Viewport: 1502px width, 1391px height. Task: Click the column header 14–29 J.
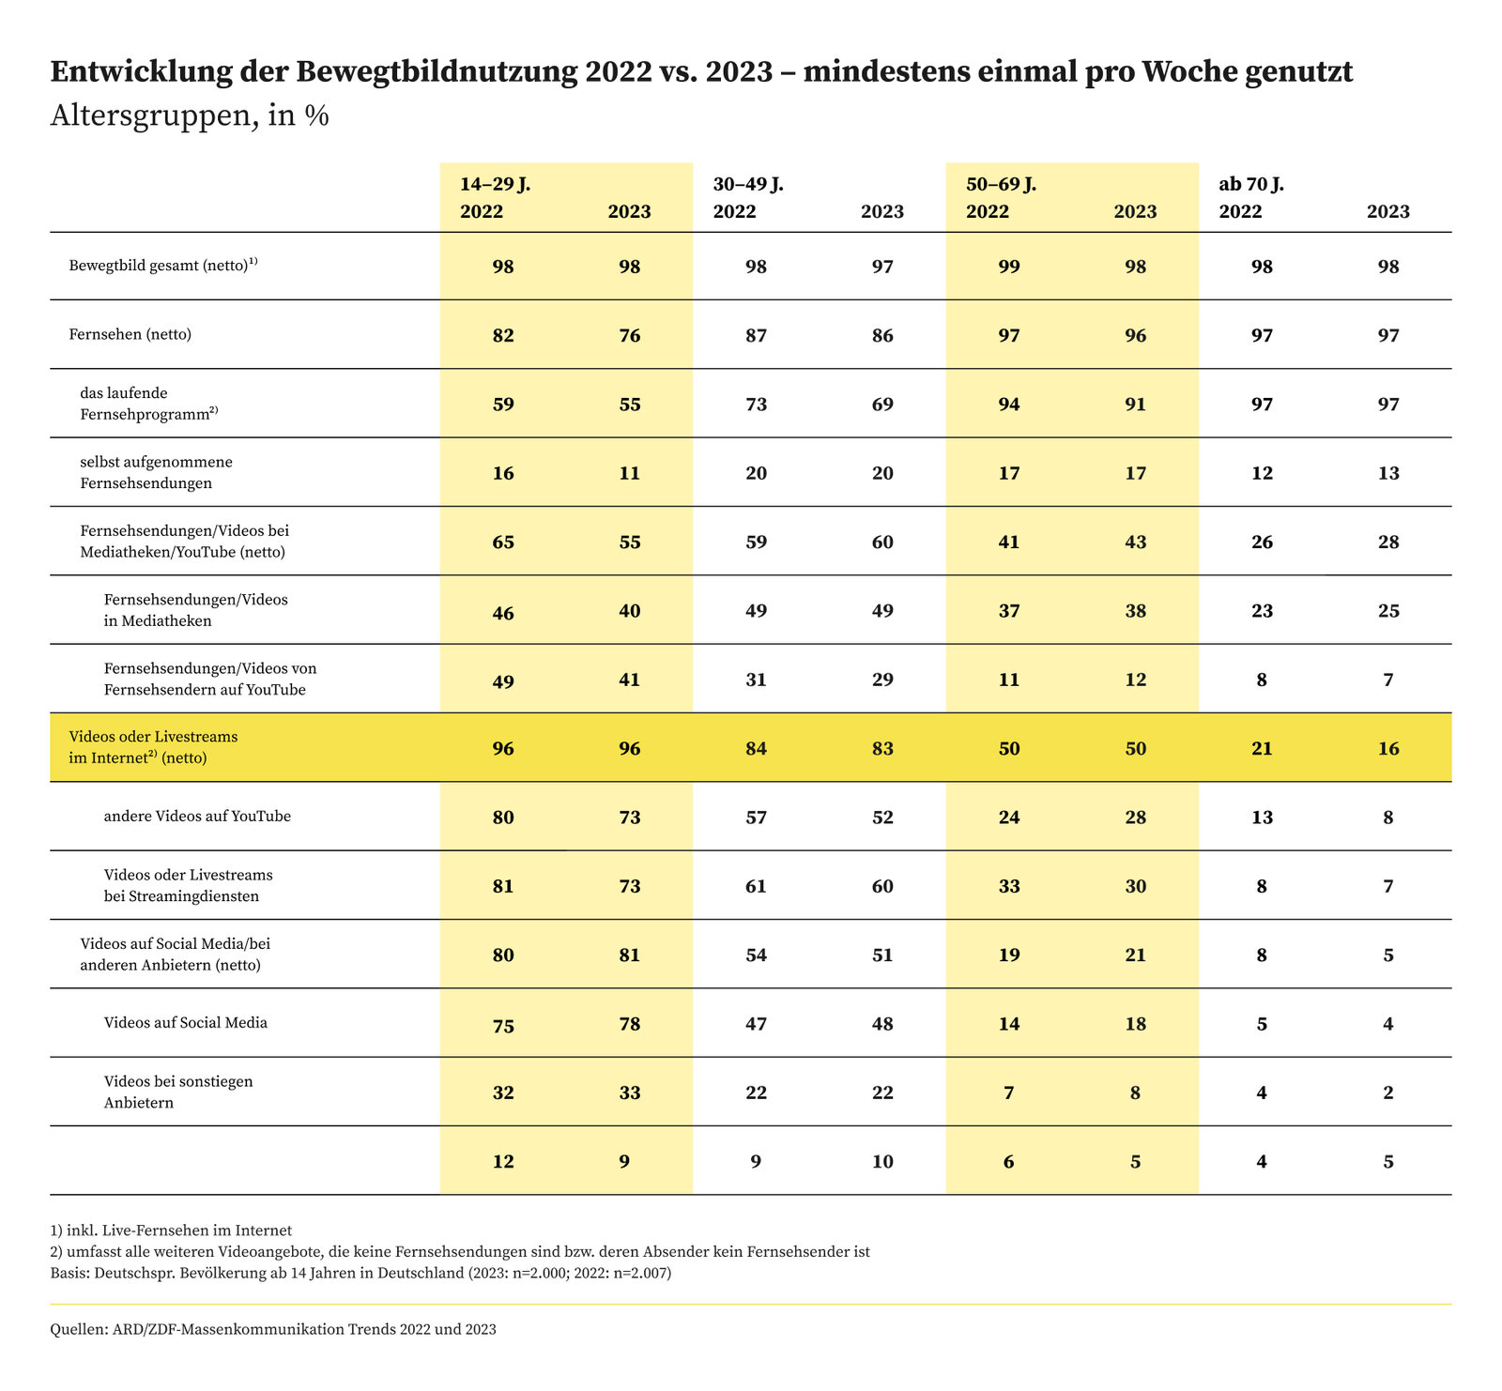tap(495, 184)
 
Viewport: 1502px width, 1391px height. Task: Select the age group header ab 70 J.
tap(1251, 184)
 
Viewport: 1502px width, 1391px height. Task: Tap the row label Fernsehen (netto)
tap(130, 334)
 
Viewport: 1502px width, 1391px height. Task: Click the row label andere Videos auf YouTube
tap(197, 817)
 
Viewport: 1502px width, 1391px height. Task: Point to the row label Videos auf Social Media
tap(186, 1023)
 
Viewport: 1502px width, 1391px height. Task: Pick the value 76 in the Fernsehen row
tap(630, 335)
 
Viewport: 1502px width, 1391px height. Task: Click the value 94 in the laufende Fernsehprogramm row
tap(1008, 405)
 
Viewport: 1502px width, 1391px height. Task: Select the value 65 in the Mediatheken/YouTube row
tap(503, 542)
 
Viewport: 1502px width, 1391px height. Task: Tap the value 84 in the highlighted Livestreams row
tap(756, 748)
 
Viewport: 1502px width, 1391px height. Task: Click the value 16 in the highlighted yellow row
tap(1388, 748)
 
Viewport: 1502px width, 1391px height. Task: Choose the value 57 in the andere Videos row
tap(756, 818)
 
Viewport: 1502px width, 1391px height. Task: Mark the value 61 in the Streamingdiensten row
tap(756, 886)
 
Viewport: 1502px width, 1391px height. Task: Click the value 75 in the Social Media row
tap(503, 1024)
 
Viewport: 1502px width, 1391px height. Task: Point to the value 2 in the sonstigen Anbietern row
tap(1388, 1093)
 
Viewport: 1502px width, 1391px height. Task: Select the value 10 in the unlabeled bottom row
tap(882, 1162)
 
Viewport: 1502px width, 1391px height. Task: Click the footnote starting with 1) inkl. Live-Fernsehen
tap(172, 1230)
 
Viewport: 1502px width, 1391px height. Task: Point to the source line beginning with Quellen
tap(273, 1330)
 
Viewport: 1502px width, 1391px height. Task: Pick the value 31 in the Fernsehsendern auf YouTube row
tap(756, 680)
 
